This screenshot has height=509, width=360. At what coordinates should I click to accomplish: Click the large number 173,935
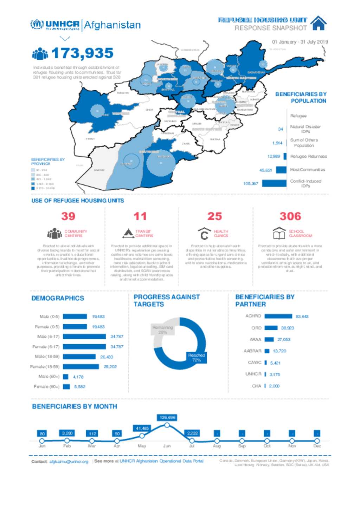click(82, 53)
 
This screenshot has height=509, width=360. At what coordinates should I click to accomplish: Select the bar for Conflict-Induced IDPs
click(274, 183)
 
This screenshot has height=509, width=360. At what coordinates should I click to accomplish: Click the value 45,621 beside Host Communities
click(265, 170)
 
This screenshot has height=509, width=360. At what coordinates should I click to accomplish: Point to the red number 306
click(290, 216)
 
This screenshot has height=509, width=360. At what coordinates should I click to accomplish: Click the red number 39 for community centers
click(68, 216)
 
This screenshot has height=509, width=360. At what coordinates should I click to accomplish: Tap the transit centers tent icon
click(128, 233)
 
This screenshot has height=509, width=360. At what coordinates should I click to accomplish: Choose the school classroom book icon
click(279, 233)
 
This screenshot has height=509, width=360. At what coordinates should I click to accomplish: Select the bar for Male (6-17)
click(84, 337)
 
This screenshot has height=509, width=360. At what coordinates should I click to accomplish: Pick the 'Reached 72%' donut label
click(196, 357)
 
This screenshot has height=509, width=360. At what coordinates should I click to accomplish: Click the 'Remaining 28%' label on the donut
click(162, 329)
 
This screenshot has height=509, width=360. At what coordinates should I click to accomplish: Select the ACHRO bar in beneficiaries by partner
click(278, 316)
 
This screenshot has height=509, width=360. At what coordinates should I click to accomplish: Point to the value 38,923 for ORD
click(287, 328)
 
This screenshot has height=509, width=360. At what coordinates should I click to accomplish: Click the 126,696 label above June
click(167, 417)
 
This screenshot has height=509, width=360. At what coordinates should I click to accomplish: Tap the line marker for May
click(142, 436)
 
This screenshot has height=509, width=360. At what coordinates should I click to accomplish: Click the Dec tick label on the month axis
click(317, 446)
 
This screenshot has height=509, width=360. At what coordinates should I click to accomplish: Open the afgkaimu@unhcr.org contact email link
click(69, 462)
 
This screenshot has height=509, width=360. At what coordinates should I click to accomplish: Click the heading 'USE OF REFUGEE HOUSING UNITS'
click(78, 201)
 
